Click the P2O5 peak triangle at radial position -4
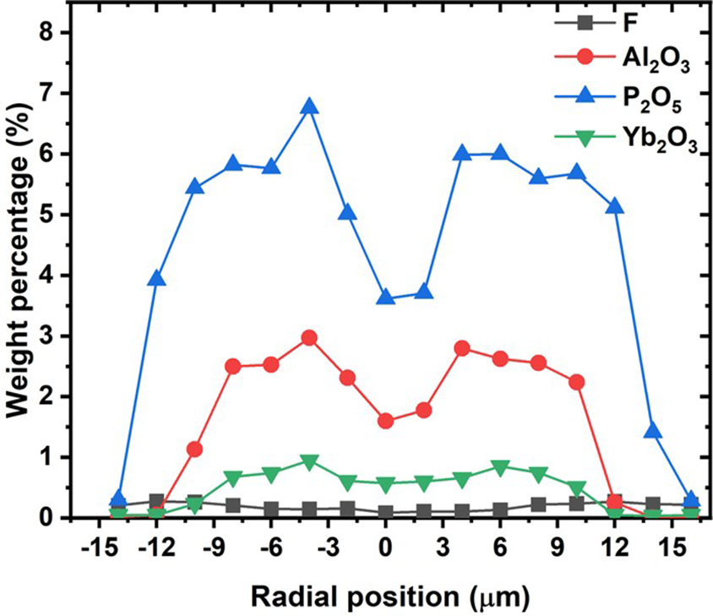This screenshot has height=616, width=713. click(309, 106)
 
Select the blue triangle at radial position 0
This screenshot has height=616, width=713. click(386, 297)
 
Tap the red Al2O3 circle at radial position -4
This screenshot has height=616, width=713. click(309, 337)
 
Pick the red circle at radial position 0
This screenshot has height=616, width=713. click(386, 421)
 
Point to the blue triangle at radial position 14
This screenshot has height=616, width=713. click(653, 431)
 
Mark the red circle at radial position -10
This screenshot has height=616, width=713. click(194, 449)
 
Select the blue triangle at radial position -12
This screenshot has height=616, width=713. click(156, 279)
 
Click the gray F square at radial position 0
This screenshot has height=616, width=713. click(386, 512)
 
